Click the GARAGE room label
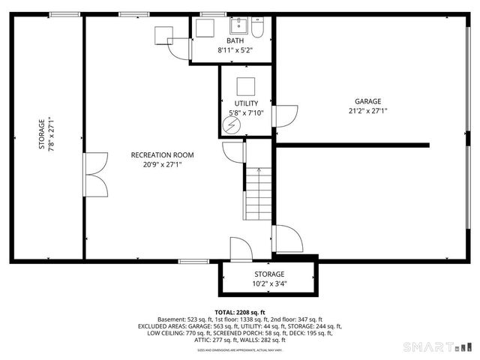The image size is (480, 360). (x=367, y=101)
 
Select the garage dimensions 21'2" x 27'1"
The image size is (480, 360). (x=367, y=111)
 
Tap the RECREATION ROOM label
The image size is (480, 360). (x=162, y=155)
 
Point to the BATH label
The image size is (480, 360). (x=235, y=41)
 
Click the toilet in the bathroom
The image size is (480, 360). (x=257, y=28)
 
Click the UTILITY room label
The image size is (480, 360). (x=246, y=103)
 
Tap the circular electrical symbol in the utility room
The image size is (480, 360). (x=233, y=127)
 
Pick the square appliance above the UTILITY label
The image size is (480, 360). (x=247, y=85)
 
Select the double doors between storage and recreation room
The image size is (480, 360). (x=92, y=175)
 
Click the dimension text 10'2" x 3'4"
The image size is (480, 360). (x=268, y=284)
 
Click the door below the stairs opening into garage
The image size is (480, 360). (x=285, y=240)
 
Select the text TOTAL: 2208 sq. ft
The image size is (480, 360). (x=240, y=312)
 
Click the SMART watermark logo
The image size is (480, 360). (x=435, y=346)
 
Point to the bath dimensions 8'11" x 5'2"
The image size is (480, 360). (x=235, y=50)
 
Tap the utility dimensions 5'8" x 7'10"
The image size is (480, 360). (x=246, y=113)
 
